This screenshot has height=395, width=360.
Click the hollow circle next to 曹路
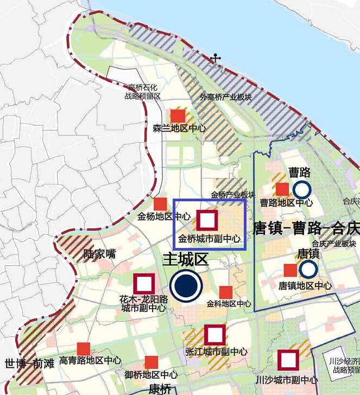302,189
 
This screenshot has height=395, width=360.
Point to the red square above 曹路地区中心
282,189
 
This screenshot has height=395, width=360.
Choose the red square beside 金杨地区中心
160,205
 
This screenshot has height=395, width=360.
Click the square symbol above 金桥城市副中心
207,220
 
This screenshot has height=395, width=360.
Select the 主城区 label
186,259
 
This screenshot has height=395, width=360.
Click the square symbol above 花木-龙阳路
144,284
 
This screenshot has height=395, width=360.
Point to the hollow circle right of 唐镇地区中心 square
308,269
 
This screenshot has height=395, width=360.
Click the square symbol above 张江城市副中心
215,335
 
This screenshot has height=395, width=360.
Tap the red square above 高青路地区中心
84,349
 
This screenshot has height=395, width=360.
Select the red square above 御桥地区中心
151,362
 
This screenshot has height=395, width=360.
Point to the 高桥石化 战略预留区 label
143,91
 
